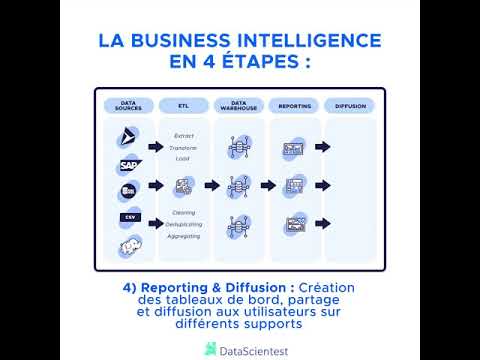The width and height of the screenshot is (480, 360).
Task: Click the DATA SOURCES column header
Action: (128, 104)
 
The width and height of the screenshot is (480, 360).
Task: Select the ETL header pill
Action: (183, 104)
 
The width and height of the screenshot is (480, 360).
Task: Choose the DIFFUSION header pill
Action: (350, 104)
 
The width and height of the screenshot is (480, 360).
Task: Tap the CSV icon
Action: (129, 216)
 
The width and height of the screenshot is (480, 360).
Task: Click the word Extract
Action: (184, 135)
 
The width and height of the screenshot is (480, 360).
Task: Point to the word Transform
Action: (184, 147)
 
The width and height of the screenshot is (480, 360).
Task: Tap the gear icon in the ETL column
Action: (183, 185)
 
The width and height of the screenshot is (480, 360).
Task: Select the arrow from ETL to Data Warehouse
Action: (211, 185)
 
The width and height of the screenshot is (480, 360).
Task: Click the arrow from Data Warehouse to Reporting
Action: (266, 185)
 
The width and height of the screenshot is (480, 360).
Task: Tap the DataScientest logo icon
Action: (210, 348)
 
